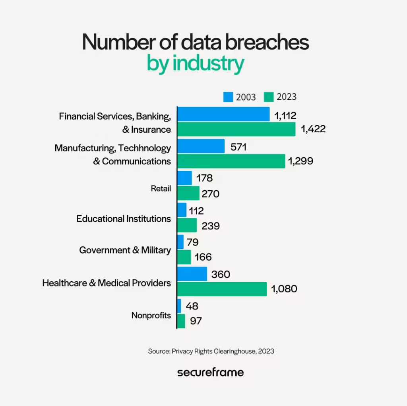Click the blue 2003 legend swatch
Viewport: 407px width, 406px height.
click(x=228, y=97)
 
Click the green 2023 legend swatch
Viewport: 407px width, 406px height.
click(x=270, y=97)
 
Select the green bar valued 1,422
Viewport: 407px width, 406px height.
click(x=236, y=130)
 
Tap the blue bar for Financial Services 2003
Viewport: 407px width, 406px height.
click(x=223, y=114)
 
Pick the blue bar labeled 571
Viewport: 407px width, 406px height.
click(x=201, y=146)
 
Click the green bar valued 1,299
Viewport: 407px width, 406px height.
click(x=231, y=161)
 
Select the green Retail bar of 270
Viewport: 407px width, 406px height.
click(x=188, y=193)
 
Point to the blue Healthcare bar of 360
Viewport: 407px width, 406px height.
click(x=192, y=274)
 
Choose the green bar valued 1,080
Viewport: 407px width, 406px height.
click(x=222, y=289)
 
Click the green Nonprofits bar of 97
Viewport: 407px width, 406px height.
click(x=181, y=321)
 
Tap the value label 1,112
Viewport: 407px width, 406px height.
click(x=285, y=116)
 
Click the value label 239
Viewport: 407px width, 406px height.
click(x=210, y=226)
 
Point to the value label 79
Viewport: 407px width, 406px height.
click(x=192, y=242)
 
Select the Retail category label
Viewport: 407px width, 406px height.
click(x=161, y=188)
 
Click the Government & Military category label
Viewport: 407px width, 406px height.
click(x=125, y=250)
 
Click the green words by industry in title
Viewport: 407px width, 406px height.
click(x=195, y=64)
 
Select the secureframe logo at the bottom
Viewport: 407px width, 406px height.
click(x=210, y=373)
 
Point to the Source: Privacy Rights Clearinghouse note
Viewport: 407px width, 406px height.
click(x=211, y=351)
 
